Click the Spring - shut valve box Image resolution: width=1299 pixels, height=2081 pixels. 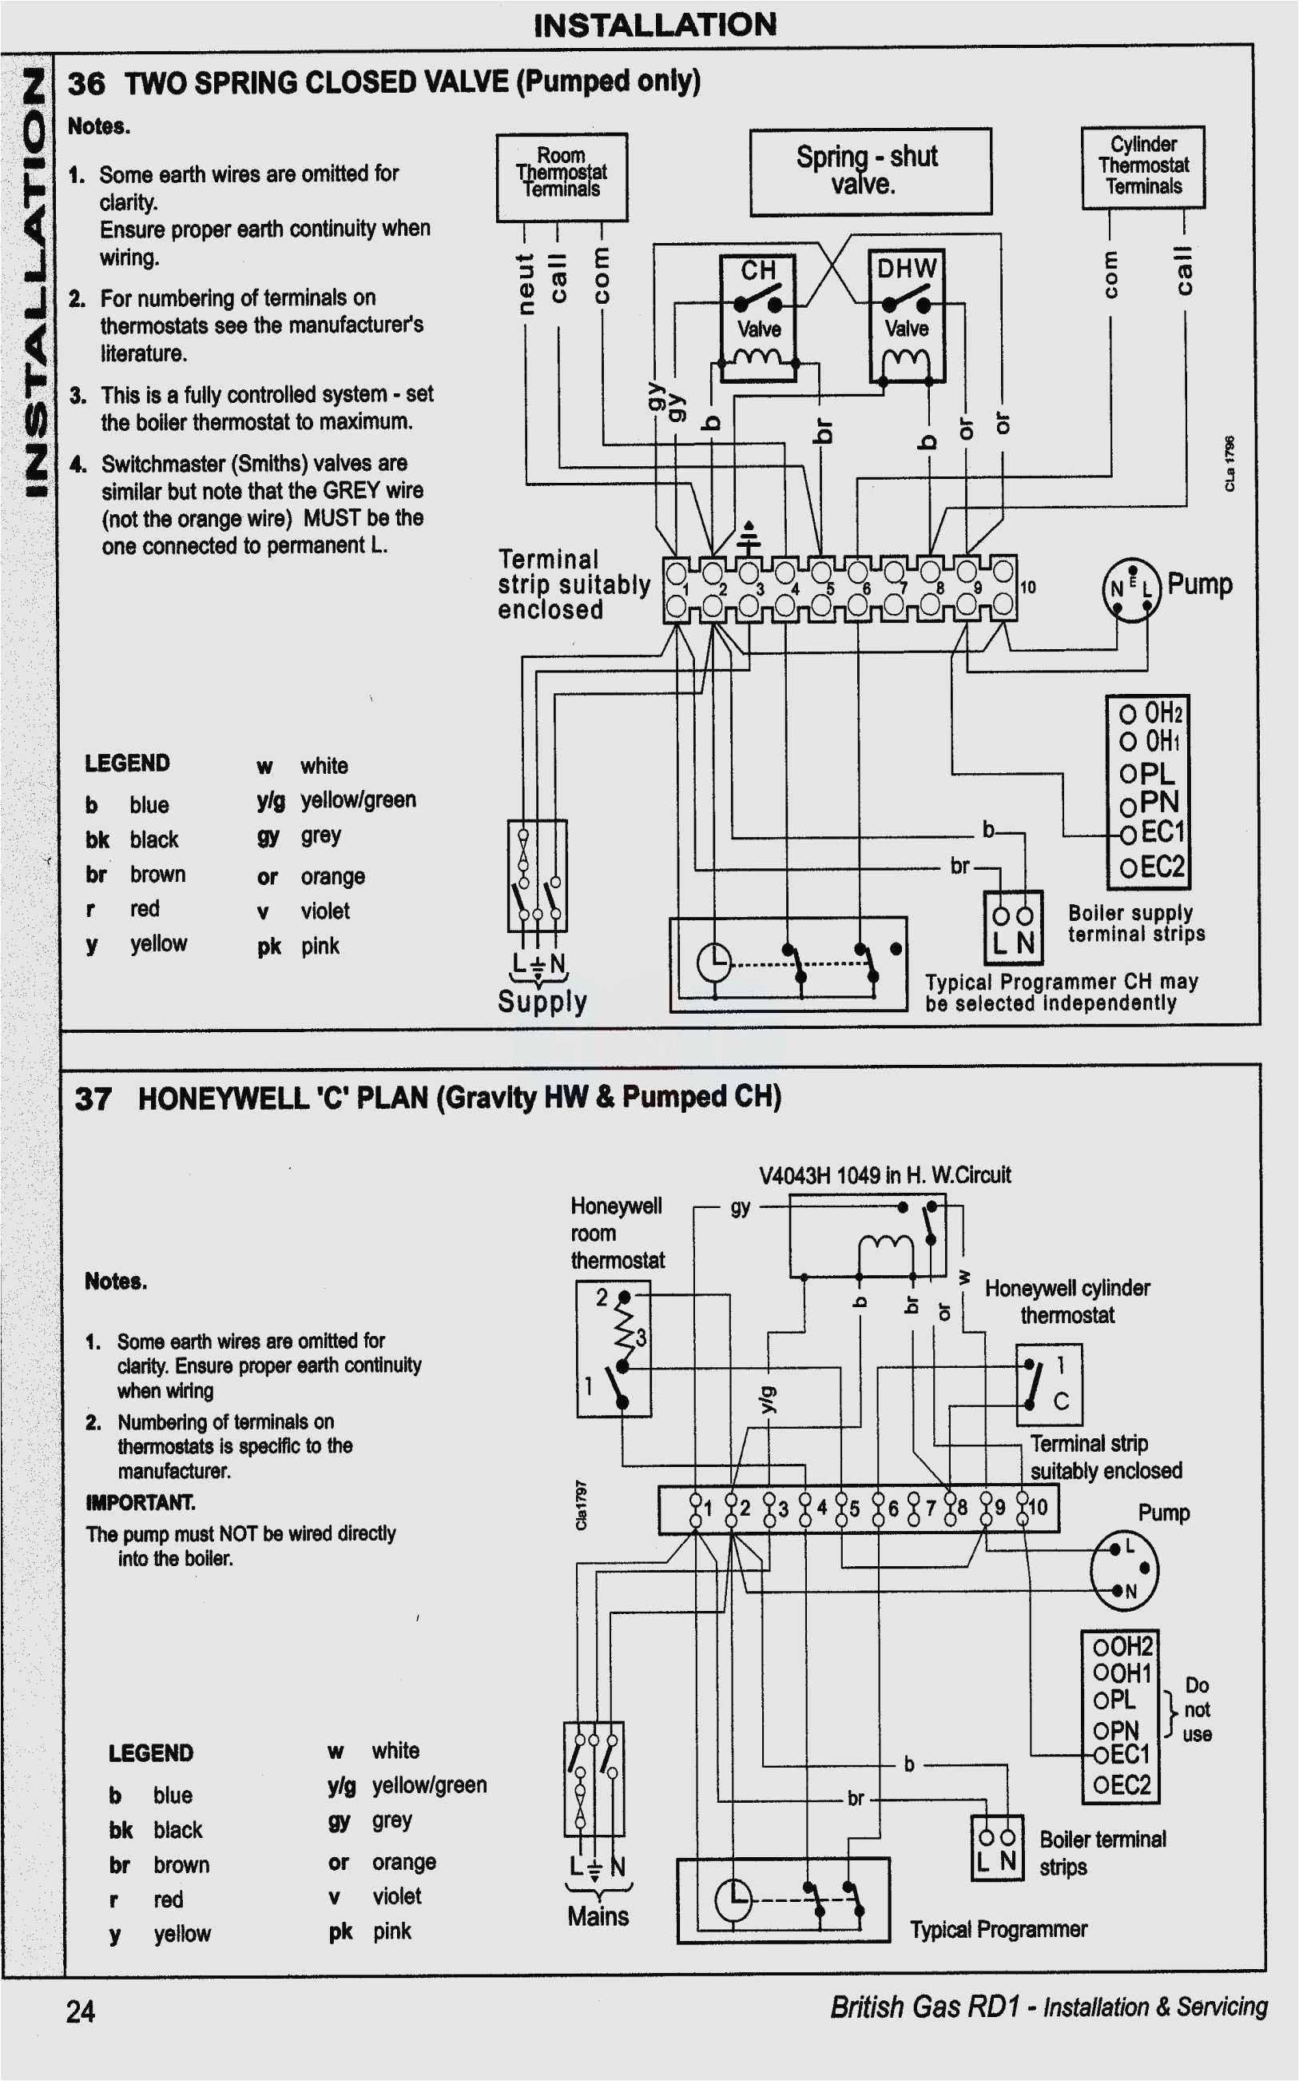tap(869, 171)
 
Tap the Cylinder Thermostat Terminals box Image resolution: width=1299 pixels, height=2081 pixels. tap(1142, 167)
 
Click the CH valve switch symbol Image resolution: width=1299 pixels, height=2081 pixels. tap(757, 301)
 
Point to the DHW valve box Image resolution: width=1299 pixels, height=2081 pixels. tap(907, 316)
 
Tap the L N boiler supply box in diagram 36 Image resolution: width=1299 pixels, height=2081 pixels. tap(1013, 927)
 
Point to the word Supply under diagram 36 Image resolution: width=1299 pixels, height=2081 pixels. tap(542, 1002)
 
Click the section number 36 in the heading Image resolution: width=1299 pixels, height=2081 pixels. tap(86, 83)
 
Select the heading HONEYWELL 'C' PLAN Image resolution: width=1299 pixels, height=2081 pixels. tap(459, 1098)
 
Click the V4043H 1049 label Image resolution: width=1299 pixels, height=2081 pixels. tap(884, 1174)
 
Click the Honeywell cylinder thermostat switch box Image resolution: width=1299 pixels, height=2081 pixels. tap(1048, 1384)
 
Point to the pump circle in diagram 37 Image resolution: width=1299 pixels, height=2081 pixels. tap(1123, 1569)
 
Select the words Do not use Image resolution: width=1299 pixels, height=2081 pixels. tap(1196, 1708)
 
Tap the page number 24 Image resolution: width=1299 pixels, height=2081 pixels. tap(81, 2011)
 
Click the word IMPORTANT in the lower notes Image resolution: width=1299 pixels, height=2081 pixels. tap(140, 1501)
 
